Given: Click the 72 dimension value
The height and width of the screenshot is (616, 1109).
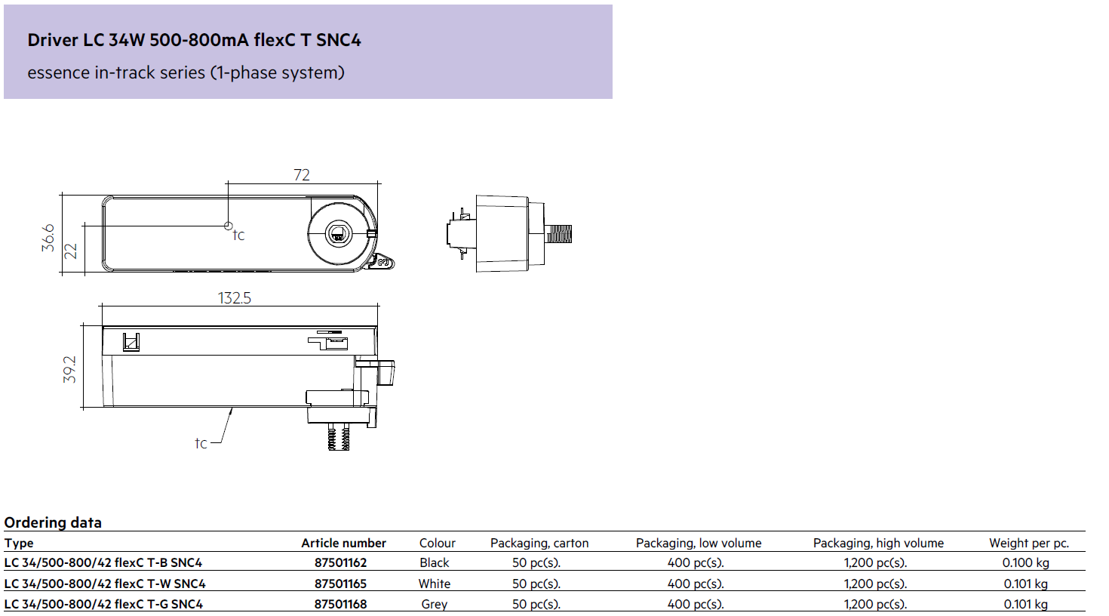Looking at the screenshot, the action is pos(302,175).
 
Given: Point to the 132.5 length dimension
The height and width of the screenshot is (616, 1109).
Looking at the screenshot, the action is pos(234,298).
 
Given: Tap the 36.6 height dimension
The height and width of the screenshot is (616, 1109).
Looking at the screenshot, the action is pos(48,238).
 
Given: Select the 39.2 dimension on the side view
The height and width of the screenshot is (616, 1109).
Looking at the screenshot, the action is pos(70,369).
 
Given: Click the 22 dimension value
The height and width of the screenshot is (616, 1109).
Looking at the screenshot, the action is pos(71,251).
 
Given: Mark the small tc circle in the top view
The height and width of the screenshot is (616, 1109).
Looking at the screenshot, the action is pos(229,226).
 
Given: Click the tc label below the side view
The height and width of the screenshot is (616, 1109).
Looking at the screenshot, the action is pos(201,443).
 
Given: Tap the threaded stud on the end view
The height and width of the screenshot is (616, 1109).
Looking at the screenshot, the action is pos(558,234).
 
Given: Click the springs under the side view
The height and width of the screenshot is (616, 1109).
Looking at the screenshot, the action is pos(339,437).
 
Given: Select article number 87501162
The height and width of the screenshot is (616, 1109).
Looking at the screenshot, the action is pos(341,562).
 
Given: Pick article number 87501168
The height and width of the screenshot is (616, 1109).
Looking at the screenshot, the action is pos(341,604).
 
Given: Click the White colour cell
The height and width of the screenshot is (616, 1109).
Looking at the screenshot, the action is pos(435,584).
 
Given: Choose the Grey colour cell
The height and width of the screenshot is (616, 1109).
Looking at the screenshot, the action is pos(435,604).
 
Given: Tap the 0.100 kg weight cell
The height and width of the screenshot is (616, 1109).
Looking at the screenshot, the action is pos(1026,562).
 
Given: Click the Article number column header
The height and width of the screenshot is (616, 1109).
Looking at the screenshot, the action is pos(343,543).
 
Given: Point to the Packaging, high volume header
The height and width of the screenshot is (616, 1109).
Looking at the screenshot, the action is pos(878,543).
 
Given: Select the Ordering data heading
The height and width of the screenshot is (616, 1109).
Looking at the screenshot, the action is pos(53,522).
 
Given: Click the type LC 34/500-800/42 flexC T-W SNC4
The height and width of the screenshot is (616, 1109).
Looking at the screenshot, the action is pos(105,584).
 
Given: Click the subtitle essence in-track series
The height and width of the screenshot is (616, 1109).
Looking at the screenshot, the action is pos(186,72).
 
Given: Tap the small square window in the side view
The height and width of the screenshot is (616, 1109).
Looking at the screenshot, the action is pos(131,342).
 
